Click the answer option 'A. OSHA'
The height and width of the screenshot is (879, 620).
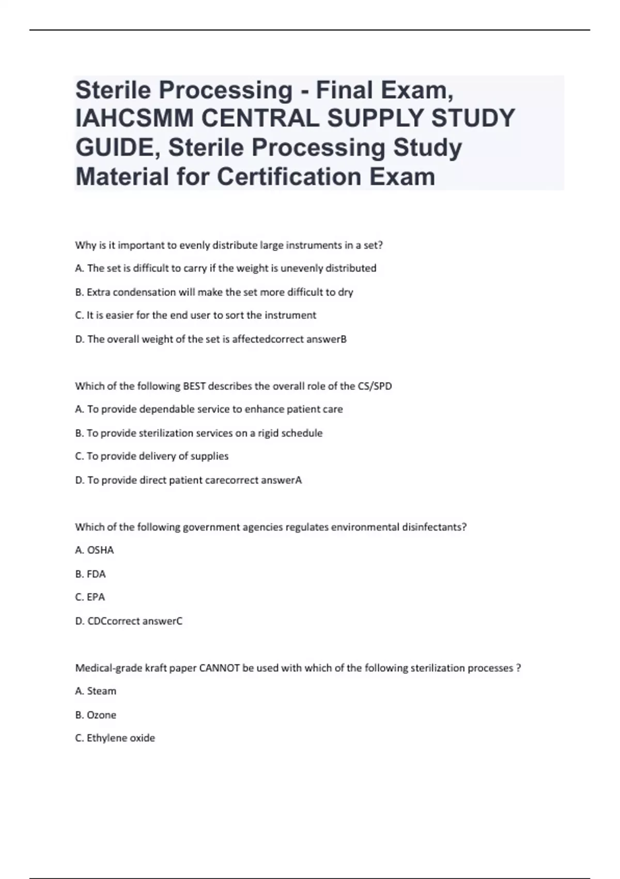(x=95, y=550)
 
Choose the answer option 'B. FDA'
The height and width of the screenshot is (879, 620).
(x=90, y=574)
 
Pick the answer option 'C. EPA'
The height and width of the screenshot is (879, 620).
(x=90, y=597)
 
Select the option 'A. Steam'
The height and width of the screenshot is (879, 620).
(x=96, y=691)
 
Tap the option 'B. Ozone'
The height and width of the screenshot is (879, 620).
(x=96, y=715)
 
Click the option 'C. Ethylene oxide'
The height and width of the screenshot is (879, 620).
(x=115, y=738)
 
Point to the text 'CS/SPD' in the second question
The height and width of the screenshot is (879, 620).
(x=375, y=386)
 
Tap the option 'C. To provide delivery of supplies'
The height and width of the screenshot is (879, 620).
(x=152, y=456)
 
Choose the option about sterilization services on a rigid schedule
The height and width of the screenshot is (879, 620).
(x=199, y=433)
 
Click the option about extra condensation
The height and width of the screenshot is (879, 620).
(x=214, y=292)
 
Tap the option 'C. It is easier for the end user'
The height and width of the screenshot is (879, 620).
(x=195, y=315)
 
